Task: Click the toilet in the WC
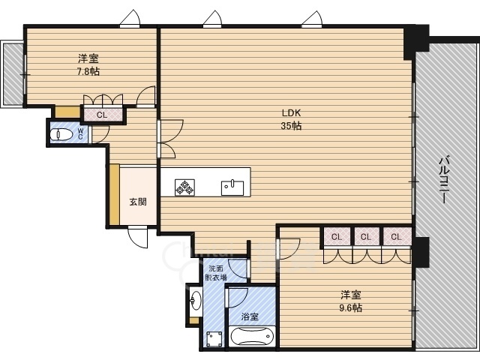61,134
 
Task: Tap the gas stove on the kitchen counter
185,187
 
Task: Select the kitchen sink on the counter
232,187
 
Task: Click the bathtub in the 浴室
250,337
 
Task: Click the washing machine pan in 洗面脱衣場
214,340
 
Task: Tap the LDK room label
291,113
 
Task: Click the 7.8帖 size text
88,72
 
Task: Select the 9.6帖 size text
350,307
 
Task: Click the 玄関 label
138,202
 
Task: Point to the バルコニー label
444,180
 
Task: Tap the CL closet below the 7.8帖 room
103,115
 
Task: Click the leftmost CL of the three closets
337,237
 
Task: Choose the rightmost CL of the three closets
396,237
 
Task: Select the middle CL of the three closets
366,237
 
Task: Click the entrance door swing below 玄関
138,237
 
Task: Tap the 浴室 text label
250,316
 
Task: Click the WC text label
80,134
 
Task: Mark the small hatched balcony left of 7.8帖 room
13,73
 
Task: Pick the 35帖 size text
291,125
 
